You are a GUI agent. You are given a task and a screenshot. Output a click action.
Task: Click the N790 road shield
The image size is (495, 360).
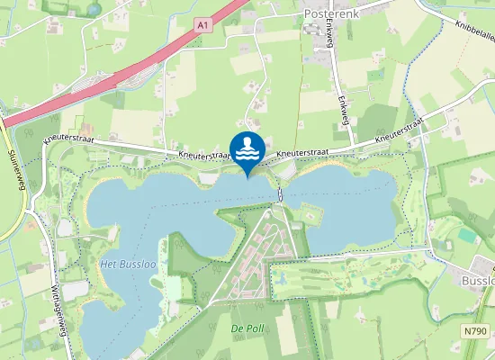point(477,332)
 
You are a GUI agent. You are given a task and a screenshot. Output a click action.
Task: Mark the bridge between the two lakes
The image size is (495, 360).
point(281,193)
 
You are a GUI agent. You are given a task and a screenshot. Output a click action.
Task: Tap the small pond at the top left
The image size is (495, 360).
point(93,10)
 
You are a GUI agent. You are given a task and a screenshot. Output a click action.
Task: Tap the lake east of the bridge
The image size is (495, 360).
point(342,202)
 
